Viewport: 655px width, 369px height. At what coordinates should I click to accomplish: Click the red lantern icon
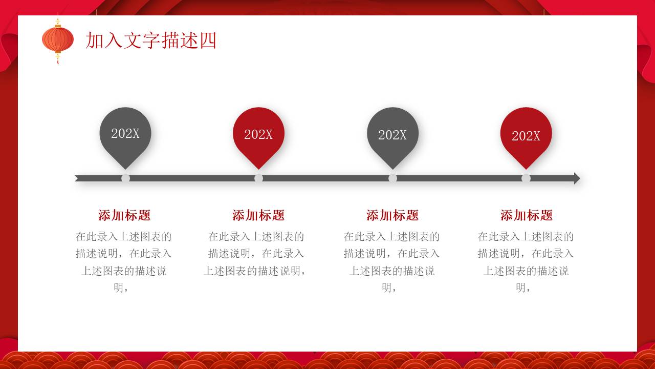point(57,40)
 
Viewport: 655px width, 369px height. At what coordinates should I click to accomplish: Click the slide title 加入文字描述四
point(151,40)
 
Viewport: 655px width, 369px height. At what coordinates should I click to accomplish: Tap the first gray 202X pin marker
point(125,134)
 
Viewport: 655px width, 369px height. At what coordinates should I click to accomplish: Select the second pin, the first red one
point(258,134)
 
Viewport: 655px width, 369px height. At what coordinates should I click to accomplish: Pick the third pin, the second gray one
point(392,134)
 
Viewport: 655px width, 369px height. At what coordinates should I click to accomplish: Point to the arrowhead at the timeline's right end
point(577,178)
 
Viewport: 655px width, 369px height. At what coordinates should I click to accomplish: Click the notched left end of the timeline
point(78,178)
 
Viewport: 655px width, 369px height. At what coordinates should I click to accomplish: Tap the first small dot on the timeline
point(125,178)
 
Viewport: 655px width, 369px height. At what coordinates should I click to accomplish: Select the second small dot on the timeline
point(259,178)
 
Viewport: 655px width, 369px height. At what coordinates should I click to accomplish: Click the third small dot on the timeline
point(392,178)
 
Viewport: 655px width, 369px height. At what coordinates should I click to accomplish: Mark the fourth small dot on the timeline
point(526,178)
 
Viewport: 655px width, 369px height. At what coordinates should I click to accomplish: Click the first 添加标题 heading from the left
point(124,215)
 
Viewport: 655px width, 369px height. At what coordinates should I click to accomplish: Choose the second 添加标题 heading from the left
point(258,215)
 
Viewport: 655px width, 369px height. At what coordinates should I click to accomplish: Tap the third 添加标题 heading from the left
point(392,215)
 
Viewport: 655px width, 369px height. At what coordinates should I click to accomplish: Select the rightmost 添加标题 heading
point(527,215)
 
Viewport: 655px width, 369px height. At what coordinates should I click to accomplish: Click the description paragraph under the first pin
point(124,262)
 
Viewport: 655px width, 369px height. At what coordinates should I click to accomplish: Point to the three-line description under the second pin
point(256,254)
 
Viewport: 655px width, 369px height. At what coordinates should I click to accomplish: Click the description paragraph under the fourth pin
point(526,262)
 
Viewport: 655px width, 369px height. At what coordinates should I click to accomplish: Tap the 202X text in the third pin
point(392,135)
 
